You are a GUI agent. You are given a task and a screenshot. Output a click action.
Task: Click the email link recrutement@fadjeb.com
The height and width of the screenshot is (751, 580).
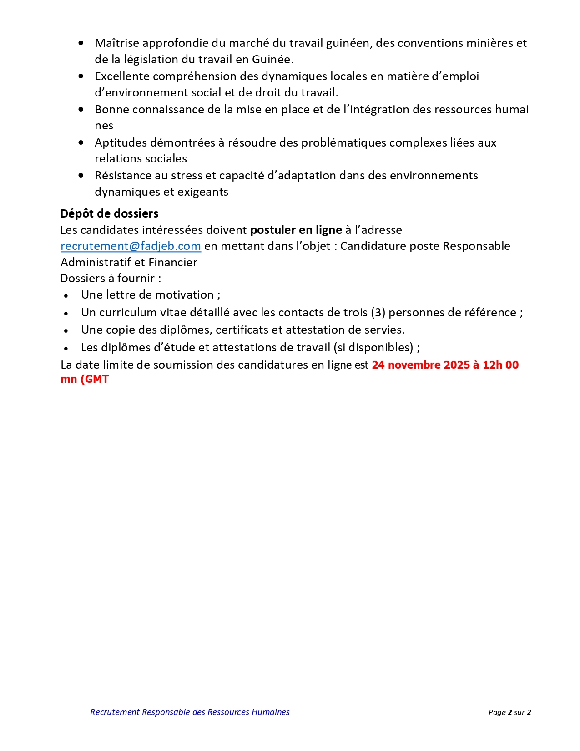click(x=131, y=246)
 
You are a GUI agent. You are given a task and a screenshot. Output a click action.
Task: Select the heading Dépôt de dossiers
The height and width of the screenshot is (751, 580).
click(x=109, y=213)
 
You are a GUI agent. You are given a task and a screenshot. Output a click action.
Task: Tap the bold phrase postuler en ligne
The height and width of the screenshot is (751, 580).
click(x=296, y=230)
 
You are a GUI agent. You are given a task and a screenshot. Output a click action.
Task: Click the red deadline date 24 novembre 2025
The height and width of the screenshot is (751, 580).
click(x=421, y=365)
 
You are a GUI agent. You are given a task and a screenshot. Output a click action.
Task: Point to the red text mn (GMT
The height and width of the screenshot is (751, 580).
click(x=85, y=379)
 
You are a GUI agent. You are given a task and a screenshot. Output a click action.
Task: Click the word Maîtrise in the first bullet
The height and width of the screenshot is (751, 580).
click(x=117, y=43)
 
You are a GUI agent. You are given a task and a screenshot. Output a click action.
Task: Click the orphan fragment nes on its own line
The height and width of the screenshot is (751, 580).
click(x=104, y=126)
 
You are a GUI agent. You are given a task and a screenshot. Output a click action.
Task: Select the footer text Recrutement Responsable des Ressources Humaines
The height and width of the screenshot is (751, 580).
click(x=190, y=712)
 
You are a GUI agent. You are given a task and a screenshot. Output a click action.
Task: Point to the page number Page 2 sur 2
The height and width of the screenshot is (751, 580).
click(x=509, y=712)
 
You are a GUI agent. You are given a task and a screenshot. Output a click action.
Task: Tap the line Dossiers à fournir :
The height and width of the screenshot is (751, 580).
click(x=111, y=279)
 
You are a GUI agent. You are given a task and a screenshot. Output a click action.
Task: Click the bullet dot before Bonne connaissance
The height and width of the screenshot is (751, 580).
click(x=81, y=110)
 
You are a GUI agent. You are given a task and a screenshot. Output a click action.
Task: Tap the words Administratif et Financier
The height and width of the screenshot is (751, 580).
click(x=129, y=263)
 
